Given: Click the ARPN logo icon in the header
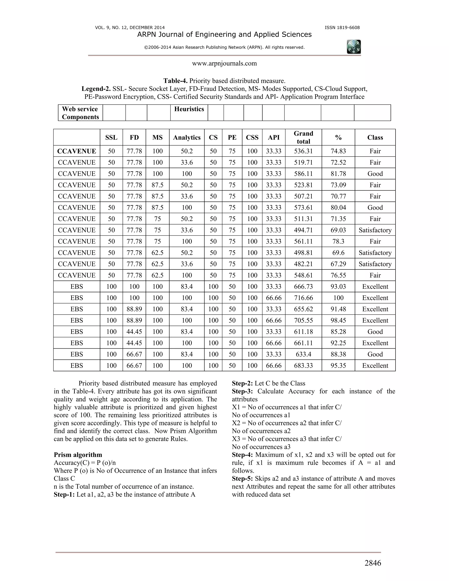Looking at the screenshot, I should click(x=354, y=47).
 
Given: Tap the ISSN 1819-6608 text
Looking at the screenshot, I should click(x=342, y=28).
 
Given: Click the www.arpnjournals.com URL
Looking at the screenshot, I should click(x=224, y=63).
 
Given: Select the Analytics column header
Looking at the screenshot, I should click(x=187, y=137).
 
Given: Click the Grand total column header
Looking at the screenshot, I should click(x=303, y=137).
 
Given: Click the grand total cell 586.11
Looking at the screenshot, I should click(x=303, y=174).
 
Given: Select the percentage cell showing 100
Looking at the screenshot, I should click(x=338, y=298).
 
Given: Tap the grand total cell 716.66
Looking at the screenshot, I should click(x=303, y=298).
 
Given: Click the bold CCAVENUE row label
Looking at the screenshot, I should click(x=77, y=151).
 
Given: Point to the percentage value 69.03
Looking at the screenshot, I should click(x=338, y=230).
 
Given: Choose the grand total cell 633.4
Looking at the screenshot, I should click(x=303, y=354).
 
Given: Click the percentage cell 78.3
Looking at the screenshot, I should click(x=338, y=241).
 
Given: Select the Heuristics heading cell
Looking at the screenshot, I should click(x=189, y=109).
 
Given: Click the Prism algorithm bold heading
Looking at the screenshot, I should click(x=78, y=455).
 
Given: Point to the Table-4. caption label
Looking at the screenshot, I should click(x=175, y=81).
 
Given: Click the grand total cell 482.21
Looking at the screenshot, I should click(x=303, y=264).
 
